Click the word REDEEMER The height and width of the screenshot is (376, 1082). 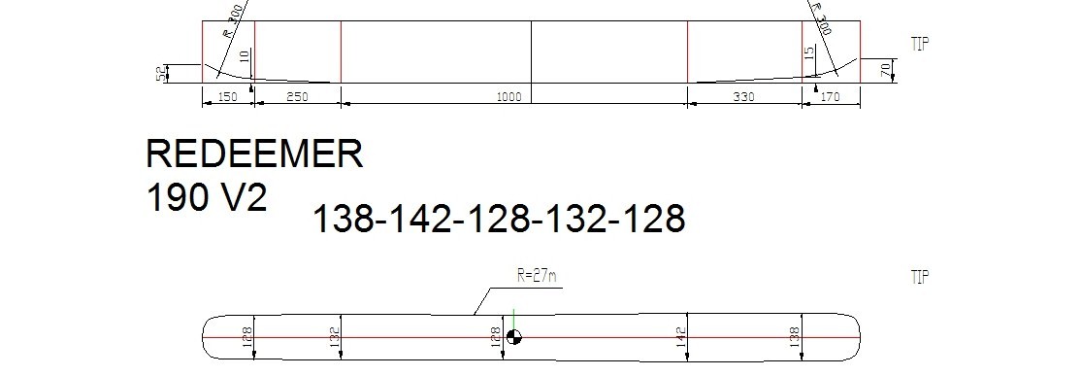coord(254,154)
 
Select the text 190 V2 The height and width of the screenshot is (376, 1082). coord(207,197)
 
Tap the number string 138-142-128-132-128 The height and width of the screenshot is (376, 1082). coord(499,219)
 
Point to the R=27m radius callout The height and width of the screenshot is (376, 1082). coord(537,276)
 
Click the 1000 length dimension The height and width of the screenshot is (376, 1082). coord(509,97)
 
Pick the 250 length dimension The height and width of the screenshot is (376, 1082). coord(297,97)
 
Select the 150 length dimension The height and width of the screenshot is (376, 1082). coord(227,97)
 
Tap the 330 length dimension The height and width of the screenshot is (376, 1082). coord(743,97)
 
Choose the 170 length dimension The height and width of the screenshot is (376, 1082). coord(830,97)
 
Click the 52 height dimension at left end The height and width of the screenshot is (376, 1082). coord(162,74)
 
